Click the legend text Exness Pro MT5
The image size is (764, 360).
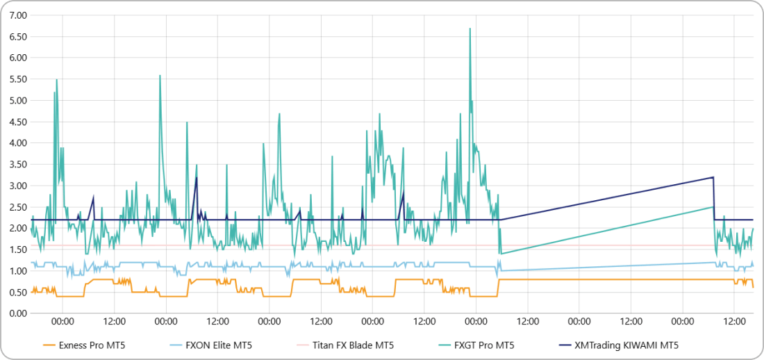point(92,345)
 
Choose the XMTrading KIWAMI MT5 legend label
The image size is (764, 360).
point(622,345)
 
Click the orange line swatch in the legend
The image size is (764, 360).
point(49,345)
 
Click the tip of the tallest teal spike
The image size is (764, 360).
point(470,28)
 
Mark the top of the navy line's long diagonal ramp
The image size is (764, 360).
point(713,177)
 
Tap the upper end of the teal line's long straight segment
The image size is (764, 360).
point(713,207)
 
